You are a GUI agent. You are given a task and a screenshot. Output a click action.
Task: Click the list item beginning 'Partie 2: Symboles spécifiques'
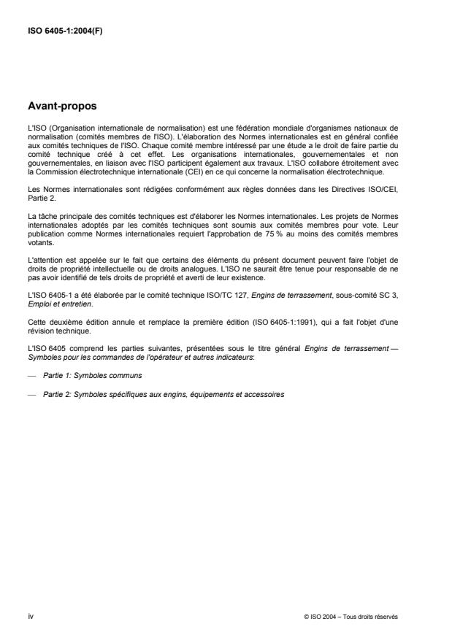(164, 394)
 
